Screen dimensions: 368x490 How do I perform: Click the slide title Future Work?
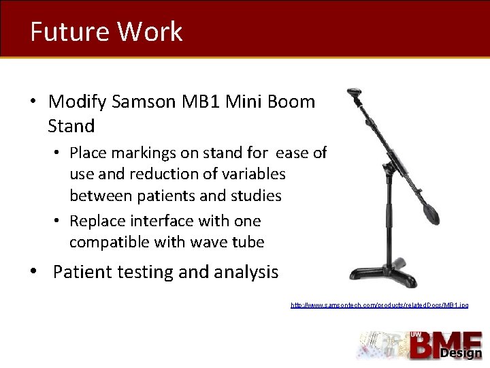click(x=106, y=31)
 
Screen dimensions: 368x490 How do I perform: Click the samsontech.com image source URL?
click(x=379, y=305)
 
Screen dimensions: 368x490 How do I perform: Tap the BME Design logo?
click(x=420, y=345)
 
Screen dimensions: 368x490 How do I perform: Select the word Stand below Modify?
click(x=71, y=126)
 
